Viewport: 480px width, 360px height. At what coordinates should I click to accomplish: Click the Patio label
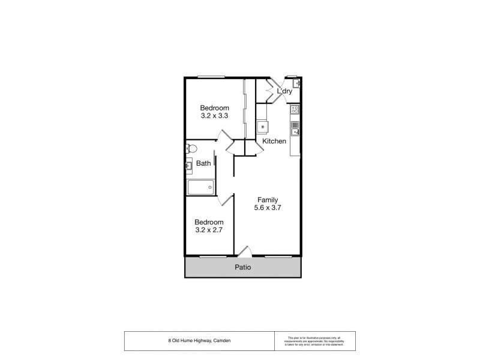[x=242, y=268]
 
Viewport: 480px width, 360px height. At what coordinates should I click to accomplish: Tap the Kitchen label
[x=274, y=141]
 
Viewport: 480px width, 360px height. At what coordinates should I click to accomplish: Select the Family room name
[x=268, y=200]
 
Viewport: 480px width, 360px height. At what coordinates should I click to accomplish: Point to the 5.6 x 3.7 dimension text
[x=268, y=208]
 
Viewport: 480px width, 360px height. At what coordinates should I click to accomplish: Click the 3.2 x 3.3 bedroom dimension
[x=214, y=116]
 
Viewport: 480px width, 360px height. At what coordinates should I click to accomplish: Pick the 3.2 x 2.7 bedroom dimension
[x=209, y=229]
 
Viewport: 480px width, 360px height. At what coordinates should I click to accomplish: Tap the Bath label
[x=203, y=163]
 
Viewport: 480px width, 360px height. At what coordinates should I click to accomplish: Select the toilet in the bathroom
[x=191, y=148]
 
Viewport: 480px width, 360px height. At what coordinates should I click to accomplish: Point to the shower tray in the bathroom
[x=200, y=188]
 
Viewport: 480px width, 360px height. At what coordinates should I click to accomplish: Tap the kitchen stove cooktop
[x=295, y=110]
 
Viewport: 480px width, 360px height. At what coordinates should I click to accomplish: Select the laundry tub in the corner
[x=297, y=84]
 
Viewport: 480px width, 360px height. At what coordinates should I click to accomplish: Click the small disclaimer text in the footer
[x=313, y=341]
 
